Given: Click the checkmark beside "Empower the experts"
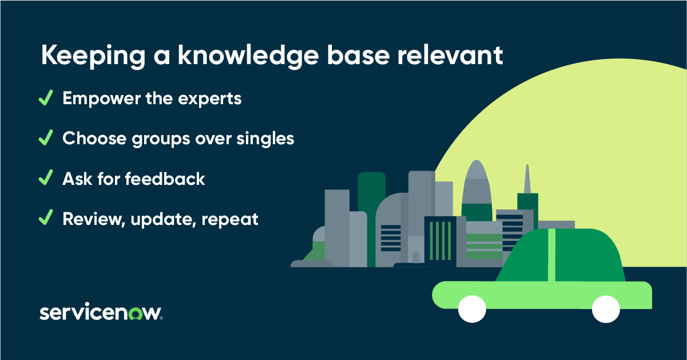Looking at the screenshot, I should [x=45, y=98].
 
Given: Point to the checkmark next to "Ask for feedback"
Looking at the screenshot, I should [x=45, y=178].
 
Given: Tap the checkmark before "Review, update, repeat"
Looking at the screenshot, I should [x=45, y=218].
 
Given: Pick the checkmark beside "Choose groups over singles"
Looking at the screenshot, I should [x=45, y=138].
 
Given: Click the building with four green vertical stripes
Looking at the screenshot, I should [x=440, y=240].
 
